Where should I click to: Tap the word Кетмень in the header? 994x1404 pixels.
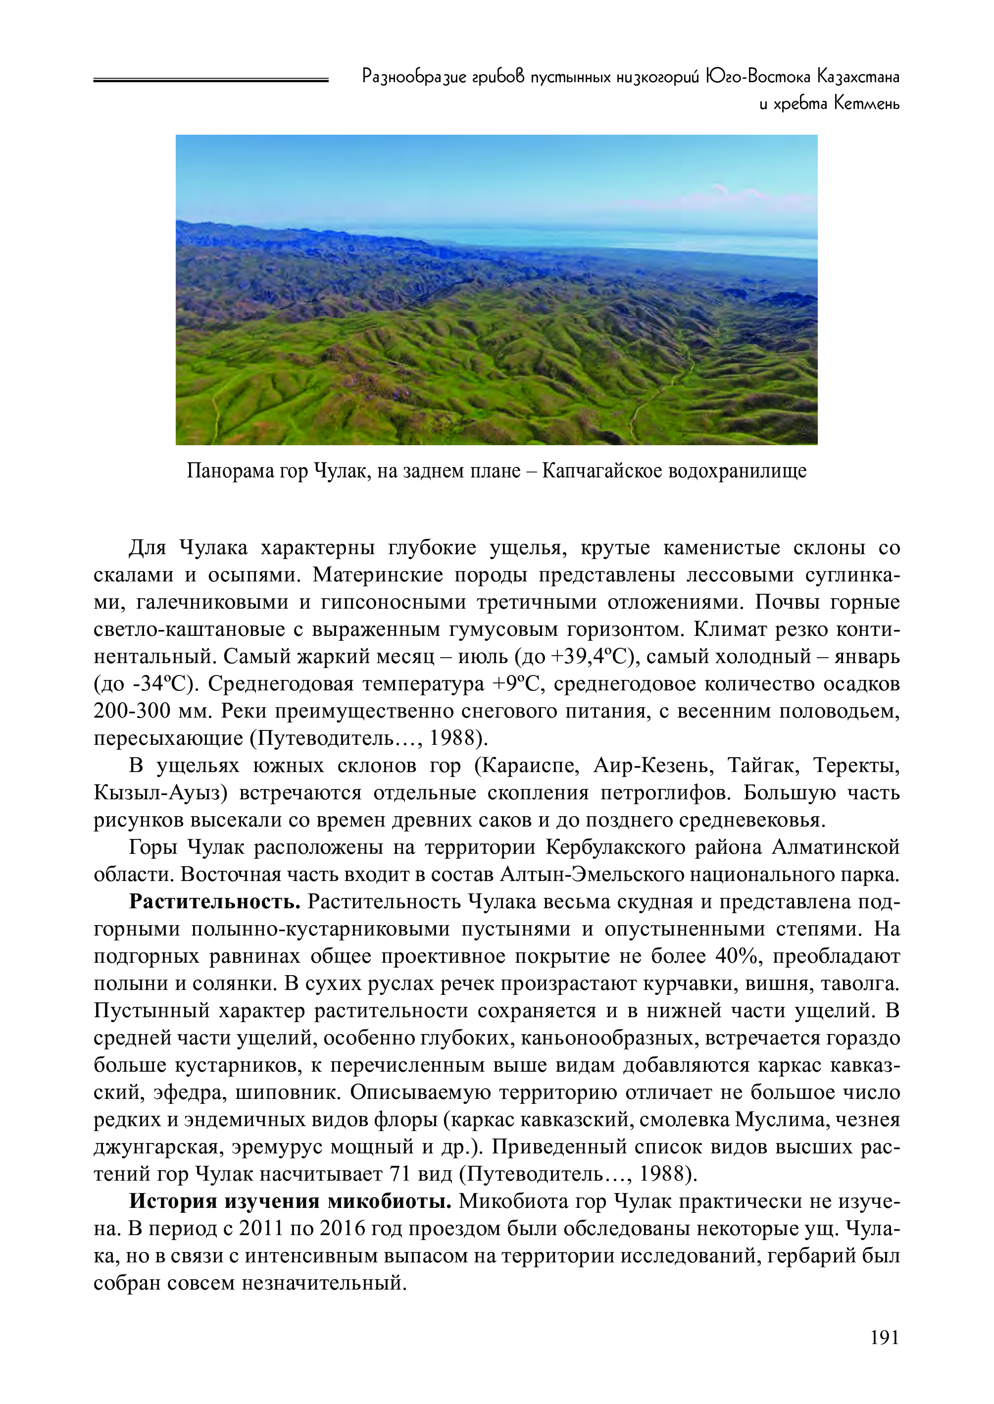click(867, 104)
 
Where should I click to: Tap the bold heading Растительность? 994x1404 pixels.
click(215, 902)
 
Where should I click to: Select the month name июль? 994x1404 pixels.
click(483, 656)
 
